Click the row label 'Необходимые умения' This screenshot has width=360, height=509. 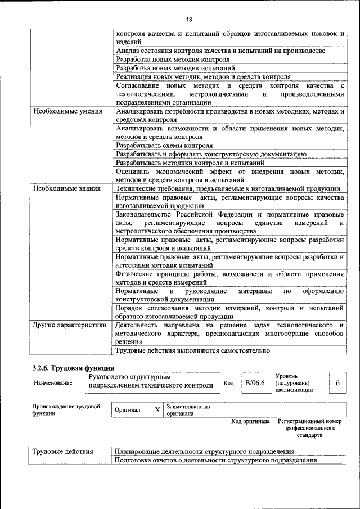click(67, 111)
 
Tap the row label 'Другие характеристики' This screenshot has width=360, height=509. click(69, 326)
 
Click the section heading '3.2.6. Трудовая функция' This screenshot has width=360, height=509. click(73, 368)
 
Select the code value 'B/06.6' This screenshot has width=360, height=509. click(255, 383)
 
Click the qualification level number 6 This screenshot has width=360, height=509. click(337, 383)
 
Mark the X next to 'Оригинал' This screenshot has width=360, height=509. click(157, 410)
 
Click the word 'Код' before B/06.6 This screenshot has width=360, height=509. click(228, 383)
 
